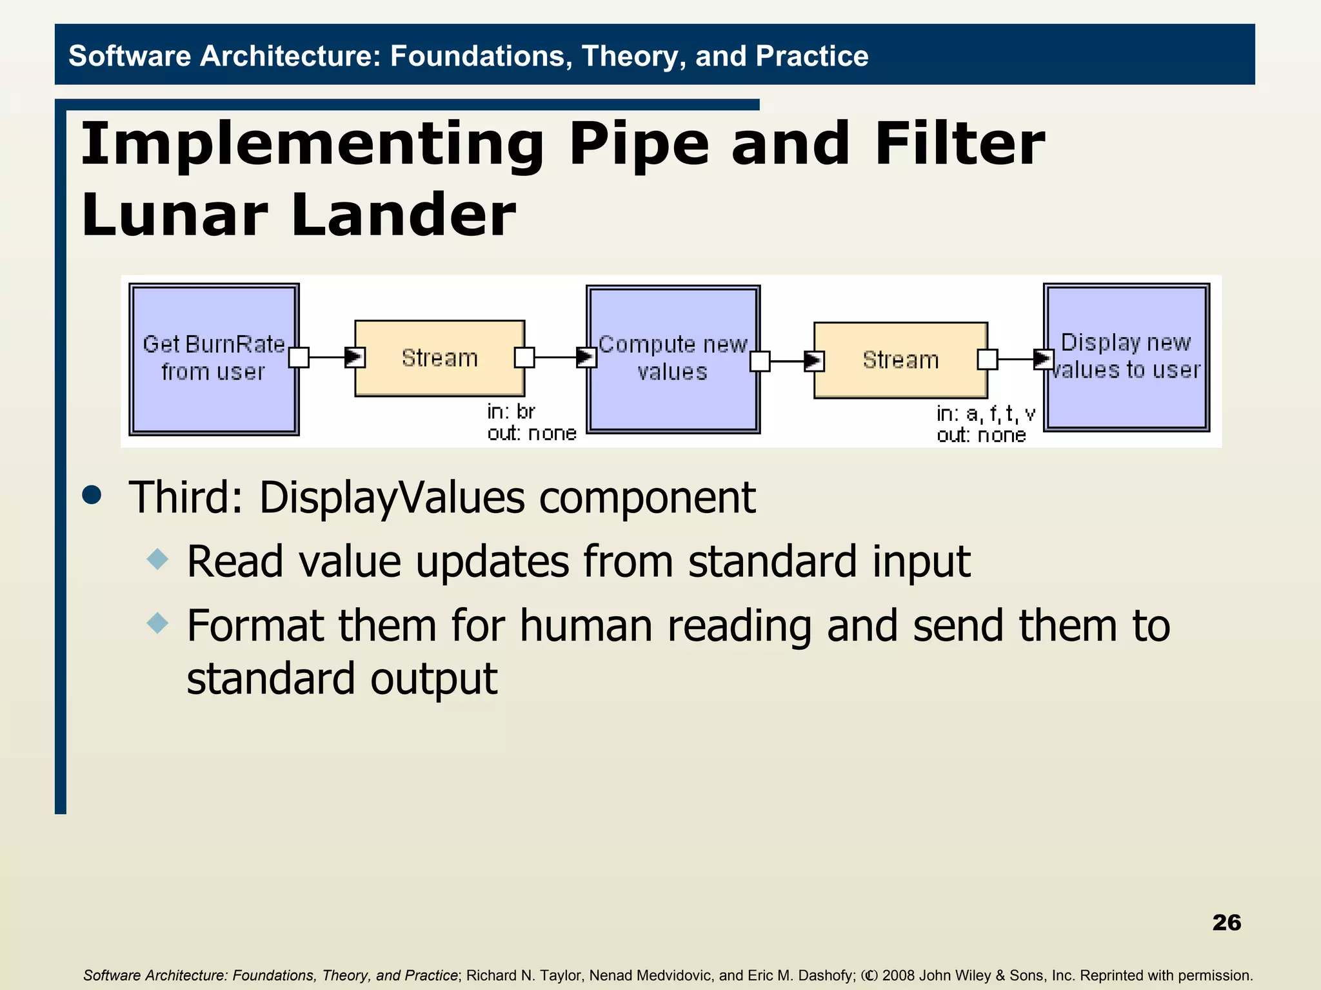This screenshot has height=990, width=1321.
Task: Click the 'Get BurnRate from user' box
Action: click(214, 359)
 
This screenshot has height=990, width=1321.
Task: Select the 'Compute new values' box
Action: click(673, 359)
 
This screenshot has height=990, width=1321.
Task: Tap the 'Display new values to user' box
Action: click(1126, 356)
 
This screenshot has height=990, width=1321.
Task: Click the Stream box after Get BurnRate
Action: click(439, 358)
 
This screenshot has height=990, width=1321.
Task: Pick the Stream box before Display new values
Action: click(900, 360)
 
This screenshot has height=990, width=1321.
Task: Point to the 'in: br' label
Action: click(511, 411)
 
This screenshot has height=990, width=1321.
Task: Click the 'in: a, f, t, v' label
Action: click(986, 413)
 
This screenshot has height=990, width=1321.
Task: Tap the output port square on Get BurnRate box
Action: click(299, 357)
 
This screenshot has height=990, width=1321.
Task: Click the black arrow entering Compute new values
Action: click(586, 357)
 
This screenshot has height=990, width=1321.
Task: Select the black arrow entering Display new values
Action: click(1043, 359)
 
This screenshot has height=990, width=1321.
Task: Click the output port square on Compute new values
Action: click(760, 361)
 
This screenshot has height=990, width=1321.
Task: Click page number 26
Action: click(1226, 922)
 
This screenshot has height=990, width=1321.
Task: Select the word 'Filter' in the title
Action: click(958, 144)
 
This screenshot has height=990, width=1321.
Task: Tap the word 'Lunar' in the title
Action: click(174, 215)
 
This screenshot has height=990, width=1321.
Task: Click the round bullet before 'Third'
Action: click(92, 495)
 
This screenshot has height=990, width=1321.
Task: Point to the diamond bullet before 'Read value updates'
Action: click(157, 558)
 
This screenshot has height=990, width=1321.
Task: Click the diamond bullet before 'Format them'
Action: click(157, 623)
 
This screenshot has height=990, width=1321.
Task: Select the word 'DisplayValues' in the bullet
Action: click(392, 498)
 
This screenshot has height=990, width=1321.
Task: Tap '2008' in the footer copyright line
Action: click(898, 975)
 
